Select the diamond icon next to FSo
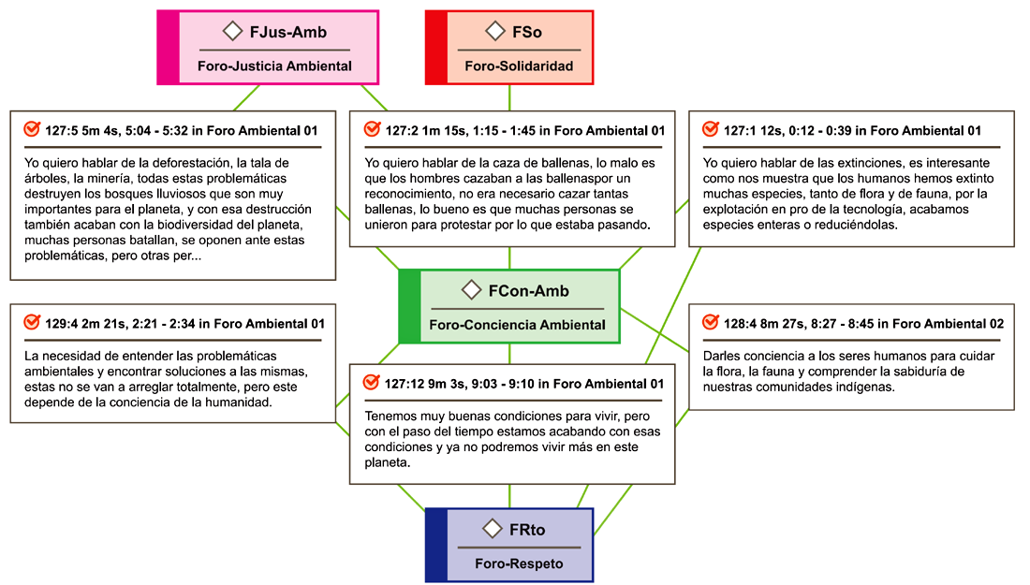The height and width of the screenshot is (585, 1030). [x=495, y=32]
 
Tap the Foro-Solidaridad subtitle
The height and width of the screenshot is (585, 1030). [x=518, y=66]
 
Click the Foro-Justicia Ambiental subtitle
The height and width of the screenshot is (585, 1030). [x=274, y=66]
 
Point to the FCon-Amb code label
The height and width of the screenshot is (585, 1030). [x=528, y=291]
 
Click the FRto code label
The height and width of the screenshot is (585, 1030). [x=527, y=530]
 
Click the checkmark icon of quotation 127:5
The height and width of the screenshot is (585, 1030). [x=31, y=128]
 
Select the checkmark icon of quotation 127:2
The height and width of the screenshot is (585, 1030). [x=372, y=128]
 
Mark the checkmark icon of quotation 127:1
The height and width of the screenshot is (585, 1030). [x=710, y=128]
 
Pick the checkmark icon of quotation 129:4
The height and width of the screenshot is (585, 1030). [x=31, y=322]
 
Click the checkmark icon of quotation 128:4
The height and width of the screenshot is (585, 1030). [x=710, y=322]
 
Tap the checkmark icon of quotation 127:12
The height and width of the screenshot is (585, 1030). [x=372, y=382]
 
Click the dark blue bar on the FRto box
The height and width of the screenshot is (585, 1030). [x=435, y=546]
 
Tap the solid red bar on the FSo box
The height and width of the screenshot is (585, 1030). [x=435, y=48]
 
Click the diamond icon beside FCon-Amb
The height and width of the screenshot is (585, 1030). [x=472, y=290]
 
